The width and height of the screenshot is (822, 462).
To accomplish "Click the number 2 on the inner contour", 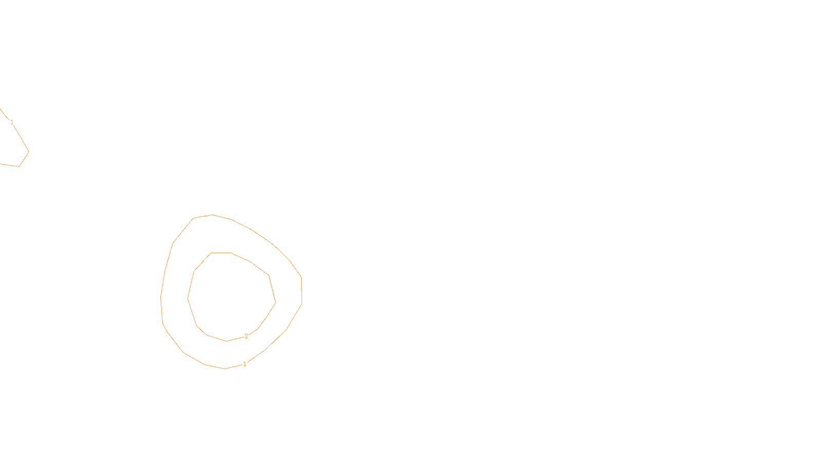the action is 246,336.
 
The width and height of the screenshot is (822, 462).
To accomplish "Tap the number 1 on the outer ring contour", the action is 245,364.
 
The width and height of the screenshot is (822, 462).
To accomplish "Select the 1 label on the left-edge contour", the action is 12,122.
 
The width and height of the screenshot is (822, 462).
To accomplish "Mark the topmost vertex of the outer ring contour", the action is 213,215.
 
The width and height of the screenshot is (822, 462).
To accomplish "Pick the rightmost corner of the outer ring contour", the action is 302,303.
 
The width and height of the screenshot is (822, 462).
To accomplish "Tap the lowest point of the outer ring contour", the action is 225,369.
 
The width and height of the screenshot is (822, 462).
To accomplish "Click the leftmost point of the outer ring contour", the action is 161,297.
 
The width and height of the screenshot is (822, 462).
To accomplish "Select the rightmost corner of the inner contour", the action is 275,302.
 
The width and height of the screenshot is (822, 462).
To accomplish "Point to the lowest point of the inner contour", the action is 227,341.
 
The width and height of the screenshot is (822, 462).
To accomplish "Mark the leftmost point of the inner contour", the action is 188,298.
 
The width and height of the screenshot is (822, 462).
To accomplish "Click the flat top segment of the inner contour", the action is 221,253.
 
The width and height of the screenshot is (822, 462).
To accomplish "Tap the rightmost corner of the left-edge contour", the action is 29,151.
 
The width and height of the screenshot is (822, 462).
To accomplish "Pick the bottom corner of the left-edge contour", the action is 19,166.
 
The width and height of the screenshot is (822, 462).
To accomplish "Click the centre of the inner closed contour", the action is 231,297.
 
